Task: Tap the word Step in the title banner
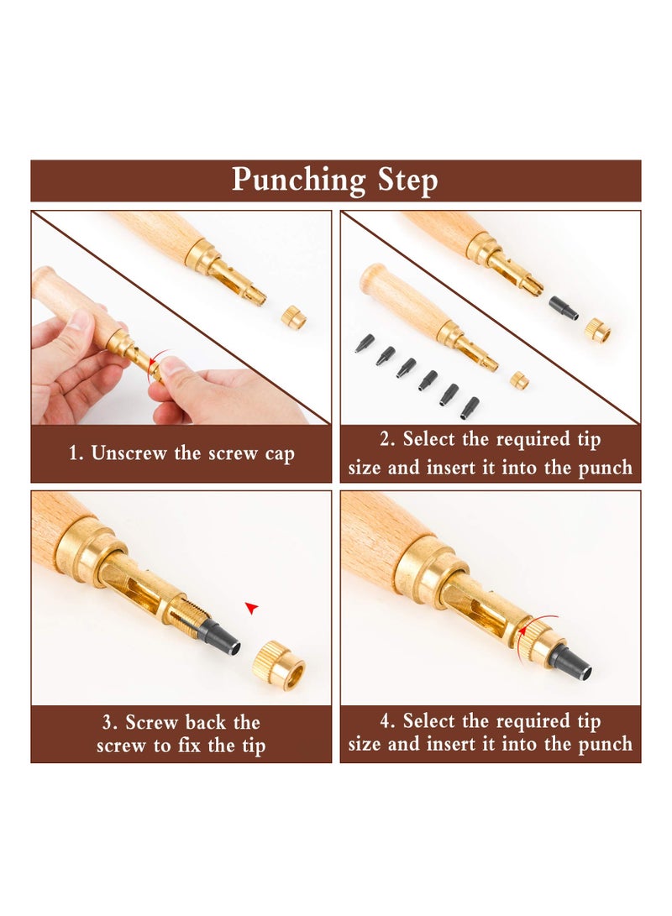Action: pos(407,181)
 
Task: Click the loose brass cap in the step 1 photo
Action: pos(293,317)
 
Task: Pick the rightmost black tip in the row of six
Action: pos(470,407)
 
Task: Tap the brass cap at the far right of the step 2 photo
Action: pos(597,331)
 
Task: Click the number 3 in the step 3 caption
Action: pos(108,723)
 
